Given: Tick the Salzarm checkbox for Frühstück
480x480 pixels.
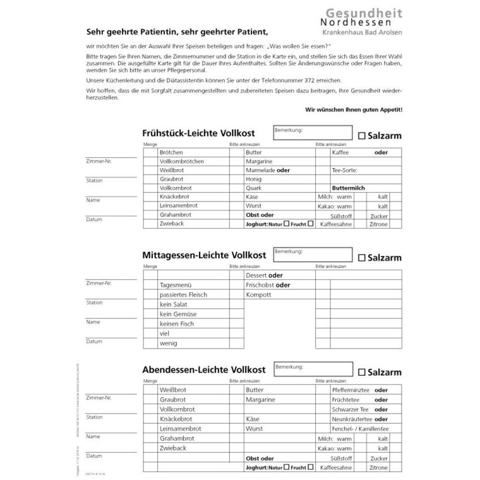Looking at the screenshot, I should point(362,135).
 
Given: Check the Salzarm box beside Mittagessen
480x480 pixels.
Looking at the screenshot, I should point(362,258).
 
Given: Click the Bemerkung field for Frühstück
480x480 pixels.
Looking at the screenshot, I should point(313,133).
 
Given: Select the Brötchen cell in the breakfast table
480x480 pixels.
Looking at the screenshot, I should point(172,153).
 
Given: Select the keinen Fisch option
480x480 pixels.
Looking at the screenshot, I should point(177,324).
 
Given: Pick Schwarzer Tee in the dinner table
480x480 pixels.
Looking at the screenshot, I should point(350,410).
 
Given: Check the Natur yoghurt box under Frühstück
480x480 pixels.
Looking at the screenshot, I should point(286,224).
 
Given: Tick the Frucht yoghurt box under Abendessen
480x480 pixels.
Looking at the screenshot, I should point(309,467).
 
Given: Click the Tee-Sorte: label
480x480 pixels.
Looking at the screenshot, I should point(345,171).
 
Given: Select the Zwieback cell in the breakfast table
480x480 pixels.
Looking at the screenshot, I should point(172,224).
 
